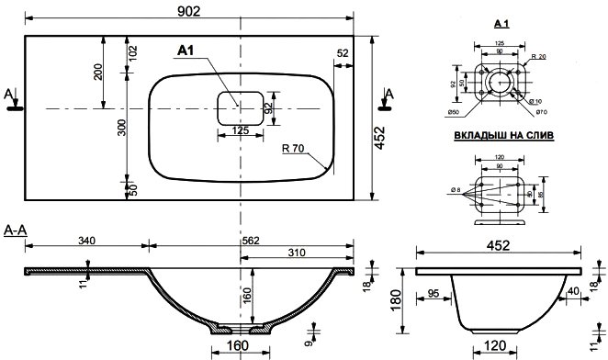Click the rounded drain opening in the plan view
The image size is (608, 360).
point(240,108)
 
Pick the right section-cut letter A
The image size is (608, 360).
point(389,94)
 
